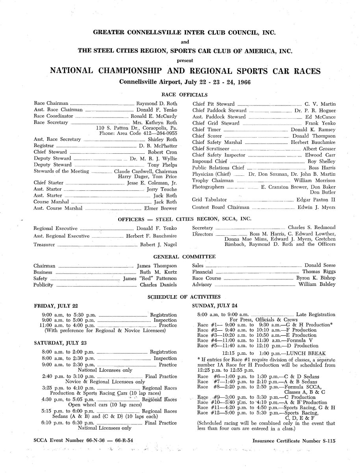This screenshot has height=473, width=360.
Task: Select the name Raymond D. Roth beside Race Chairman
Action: coord(156,103)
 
